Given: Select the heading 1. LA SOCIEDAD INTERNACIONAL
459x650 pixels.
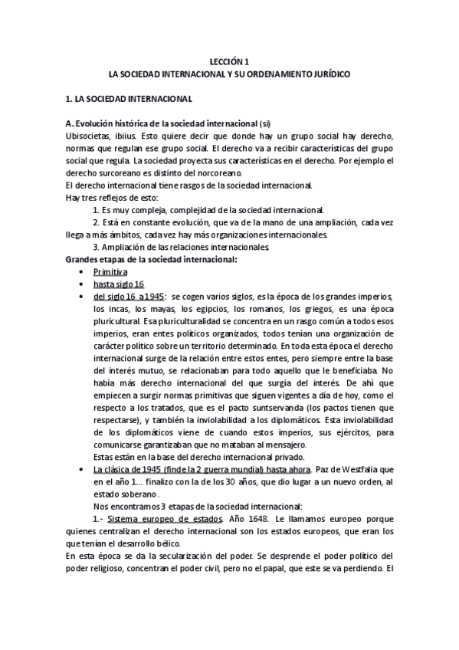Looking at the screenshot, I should pyautogui.click(x=129, y=100).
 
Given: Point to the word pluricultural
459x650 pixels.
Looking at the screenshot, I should pyautogui.click(x=116, y=322).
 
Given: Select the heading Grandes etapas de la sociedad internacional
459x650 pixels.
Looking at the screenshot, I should pyautogui.click(x=150, y=260).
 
